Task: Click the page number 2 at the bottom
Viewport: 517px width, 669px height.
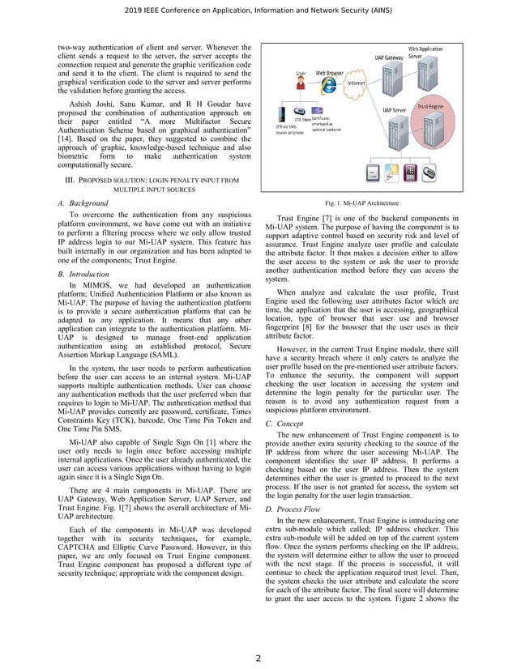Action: point(258,657)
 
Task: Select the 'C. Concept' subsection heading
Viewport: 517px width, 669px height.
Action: point(280,424)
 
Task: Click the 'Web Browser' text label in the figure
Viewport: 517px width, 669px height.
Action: point(331,72)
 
